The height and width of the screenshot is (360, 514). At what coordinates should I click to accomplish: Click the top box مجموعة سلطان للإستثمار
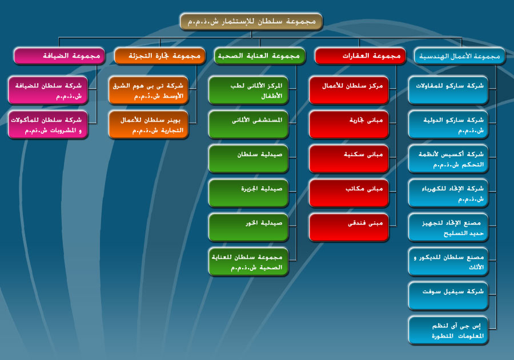point(251,22)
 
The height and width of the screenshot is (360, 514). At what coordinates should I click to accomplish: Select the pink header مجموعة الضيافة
point(59,56)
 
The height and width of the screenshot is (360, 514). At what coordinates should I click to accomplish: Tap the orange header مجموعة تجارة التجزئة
point(160,56)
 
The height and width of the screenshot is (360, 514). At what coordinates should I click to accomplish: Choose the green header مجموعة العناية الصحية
point(260,56)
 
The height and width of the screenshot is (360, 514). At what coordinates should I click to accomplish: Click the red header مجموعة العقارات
point(360,56)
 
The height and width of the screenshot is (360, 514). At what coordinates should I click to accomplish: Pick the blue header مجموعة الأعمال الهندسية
point(460,56)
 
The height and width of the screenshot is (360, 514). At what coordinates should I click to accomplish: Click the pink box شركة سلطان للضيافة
point(48,90)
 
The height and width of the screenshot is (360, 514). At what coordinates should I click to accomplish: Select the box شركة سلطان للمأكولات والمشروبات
point(48,125)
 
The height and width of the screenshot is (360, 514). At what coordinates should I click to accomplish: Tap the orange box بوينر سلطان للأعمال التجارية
point(148,125)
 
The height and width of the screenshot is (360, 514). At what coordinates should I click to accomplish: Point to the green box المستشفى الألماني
point(248,125)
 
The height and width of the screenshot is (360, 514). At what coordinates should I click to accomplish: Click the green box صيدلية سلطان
point(248,159)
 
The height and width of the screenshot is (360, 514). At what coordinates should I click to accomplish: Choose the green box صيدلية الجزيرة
point(248,193)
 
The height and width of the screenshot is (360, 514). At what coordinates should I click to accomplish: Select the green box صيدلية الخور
point(248,227)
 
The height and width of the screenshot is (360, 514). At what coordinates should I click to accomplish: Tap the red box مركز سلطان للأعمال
point(349,90)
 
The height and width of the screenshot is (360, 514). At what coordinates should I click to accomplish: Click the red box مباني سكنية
point(349,159)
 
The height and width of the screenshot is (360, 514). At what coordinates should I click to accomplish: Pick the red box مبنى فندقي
point(349,227)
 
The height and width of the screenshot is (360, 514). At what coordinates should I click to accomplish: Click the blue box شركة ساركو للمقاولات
point(448,90)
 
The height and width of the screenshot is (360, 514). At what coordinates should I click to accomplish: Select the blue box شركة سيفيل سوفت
point(448,296)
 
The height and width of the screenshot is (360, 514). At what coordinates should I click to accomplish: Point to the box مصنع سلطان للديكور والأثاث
point(448,262)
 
